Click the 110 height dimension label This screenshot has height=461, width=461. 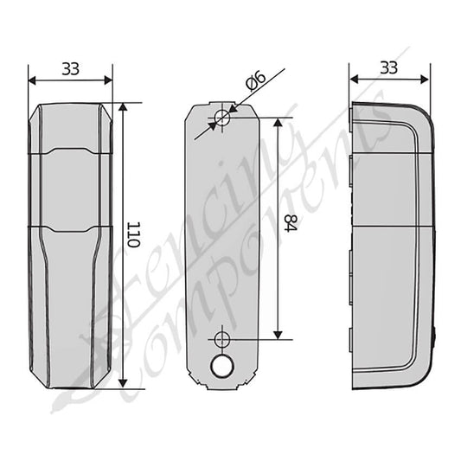coord(133,234)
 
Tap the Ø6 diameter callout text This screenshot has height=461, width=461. coord(255,80)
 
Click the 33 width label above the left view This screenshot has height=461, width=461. coord(71,69)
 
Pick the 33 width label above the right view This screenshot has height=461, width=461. coord(389,68)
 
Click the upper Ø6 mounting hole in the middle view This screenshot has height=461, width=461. coord(222,118)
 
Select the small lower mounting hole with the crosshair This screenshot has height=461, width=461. coord(222,340)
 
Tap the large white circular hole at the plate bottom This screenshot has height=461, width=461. coord(222,367)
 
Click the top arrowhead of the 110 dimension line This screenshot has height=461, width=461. coord(123,107)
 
